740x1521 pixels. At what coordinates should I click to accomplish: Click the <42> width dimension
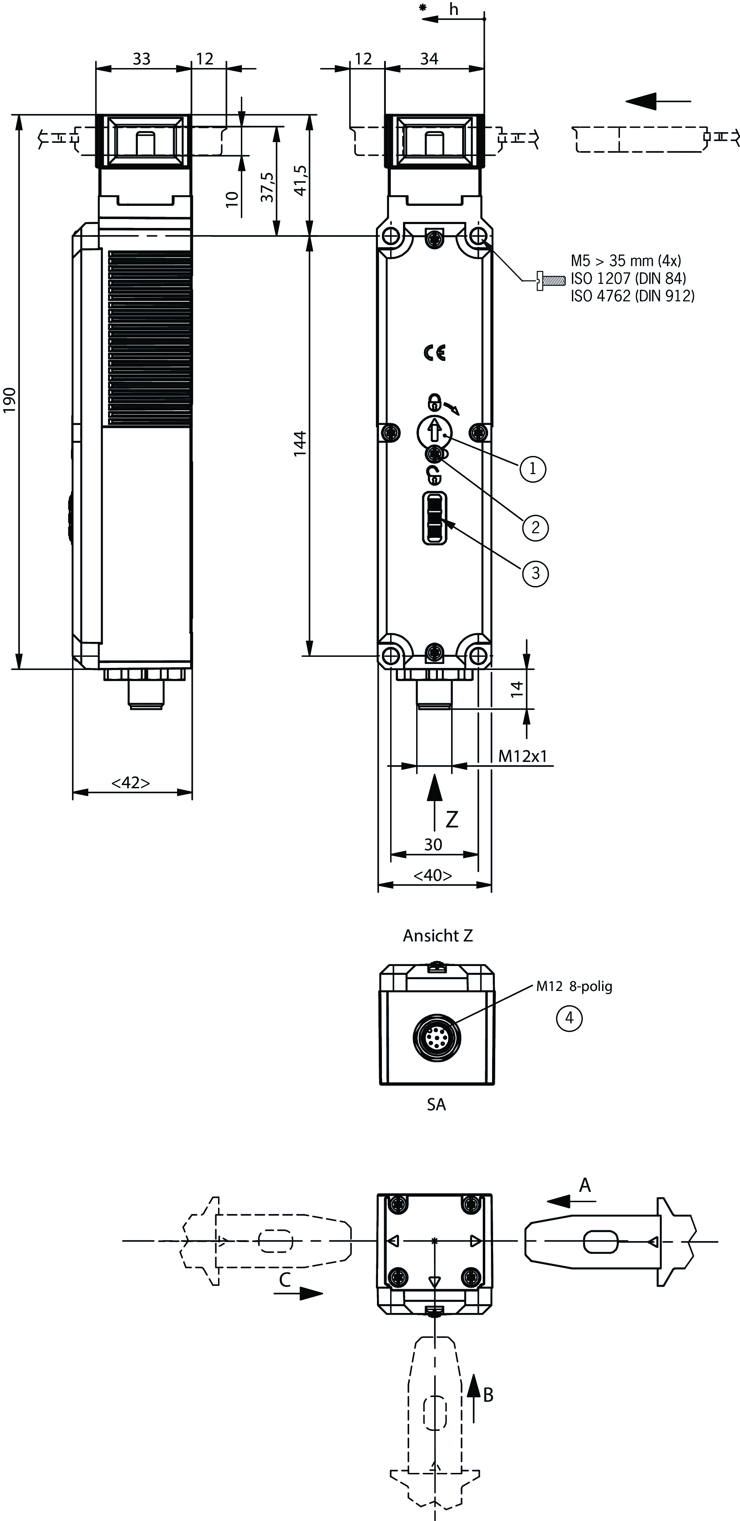130,782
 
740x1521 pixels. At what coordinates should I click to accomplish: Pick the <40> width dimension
433,875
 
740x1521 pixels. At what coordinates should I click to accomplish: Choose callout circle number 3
535,573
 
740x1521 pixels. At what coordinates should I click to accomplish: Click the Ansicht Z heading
438,935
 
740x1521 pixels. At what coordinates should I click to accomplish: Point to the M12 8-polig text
574,986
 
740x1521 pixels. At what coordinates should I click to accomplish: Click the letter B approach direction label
488,1395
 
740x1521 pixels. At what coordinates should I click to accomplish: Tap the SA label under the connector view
436,1105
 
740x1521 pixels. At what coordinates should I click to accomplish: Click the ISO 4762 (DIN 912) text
632,296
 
